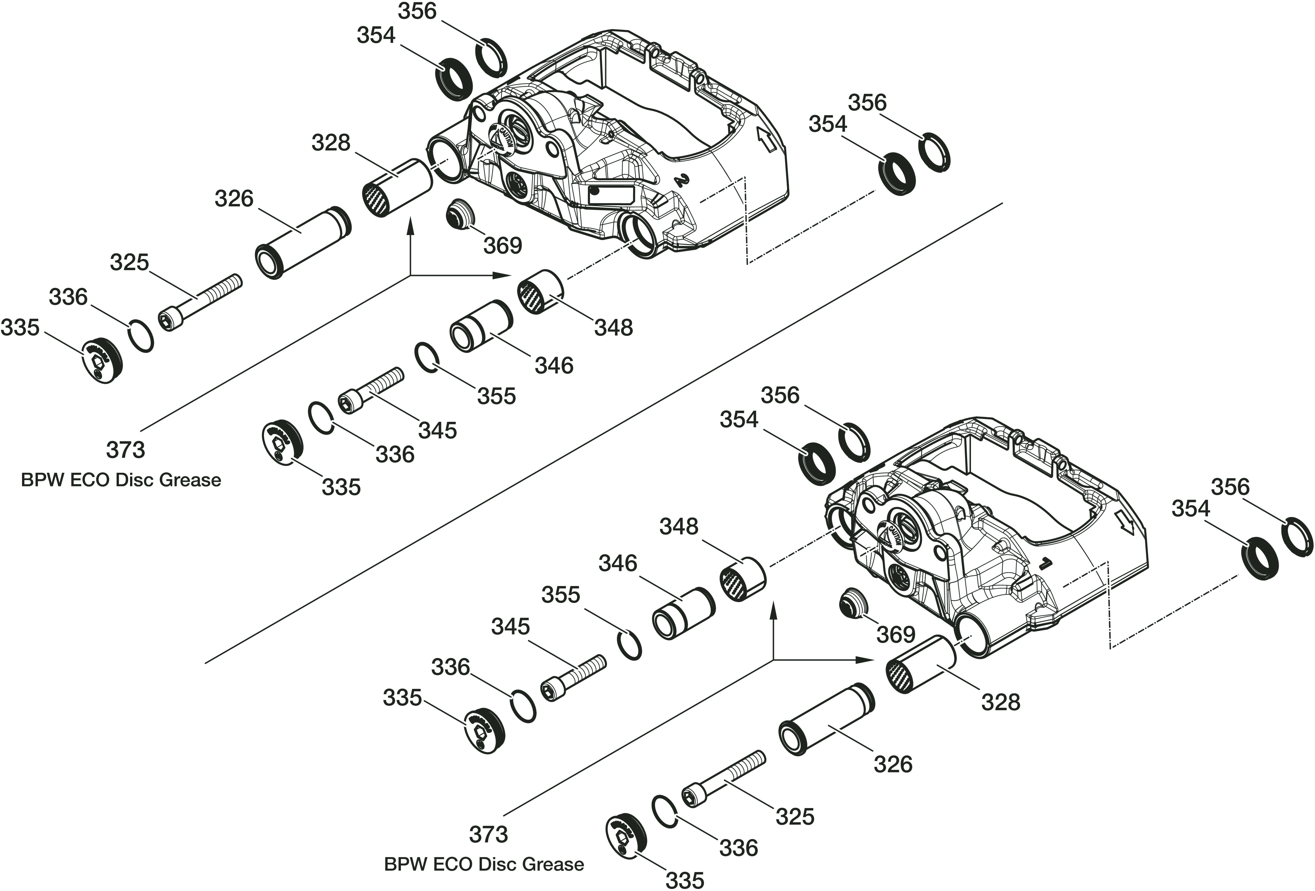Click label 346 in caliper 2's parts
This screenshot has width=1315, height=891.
pyautogui.click(x=554, y=366)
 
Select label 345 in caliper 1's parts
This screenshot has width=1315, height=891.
pyautogui.click(x=510, y=627)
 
